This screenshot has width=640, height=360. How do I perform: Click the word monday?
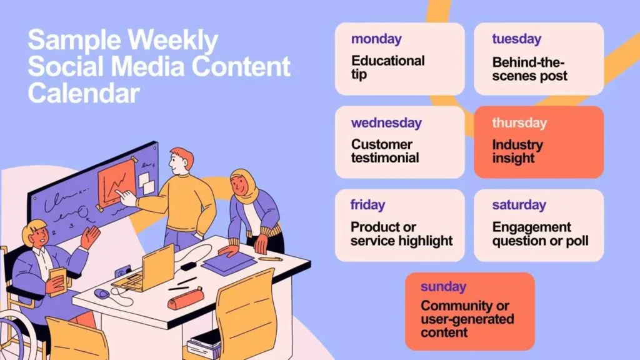[377, 39]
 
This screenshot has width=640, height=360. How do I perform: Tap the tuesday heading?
[516, 39]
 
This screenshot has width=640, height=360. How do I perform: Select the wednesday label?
[386, 123]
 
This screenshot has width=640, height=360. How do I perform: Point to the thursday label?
[519, 123]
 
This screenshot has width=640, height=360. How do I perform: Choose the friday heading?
[367, 205]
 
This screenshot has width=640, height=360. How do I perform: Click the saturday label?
[519, 205]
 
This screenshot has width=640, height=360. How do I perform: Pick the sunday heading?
[443, 287]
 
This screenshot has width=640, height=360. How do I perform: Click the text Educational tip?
[387, 67]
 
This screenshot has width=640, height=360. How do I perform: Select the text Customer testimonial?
[385, 151]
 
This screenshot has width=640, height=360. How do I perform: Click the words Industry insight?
[517, 151]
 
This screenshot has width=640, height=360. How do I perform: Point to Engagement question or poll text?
[540, 234]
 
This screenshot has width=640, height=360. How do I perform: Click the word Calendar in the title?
[83, 93]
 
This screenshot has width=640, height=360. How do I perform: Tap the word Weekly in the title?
[173, 41]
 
